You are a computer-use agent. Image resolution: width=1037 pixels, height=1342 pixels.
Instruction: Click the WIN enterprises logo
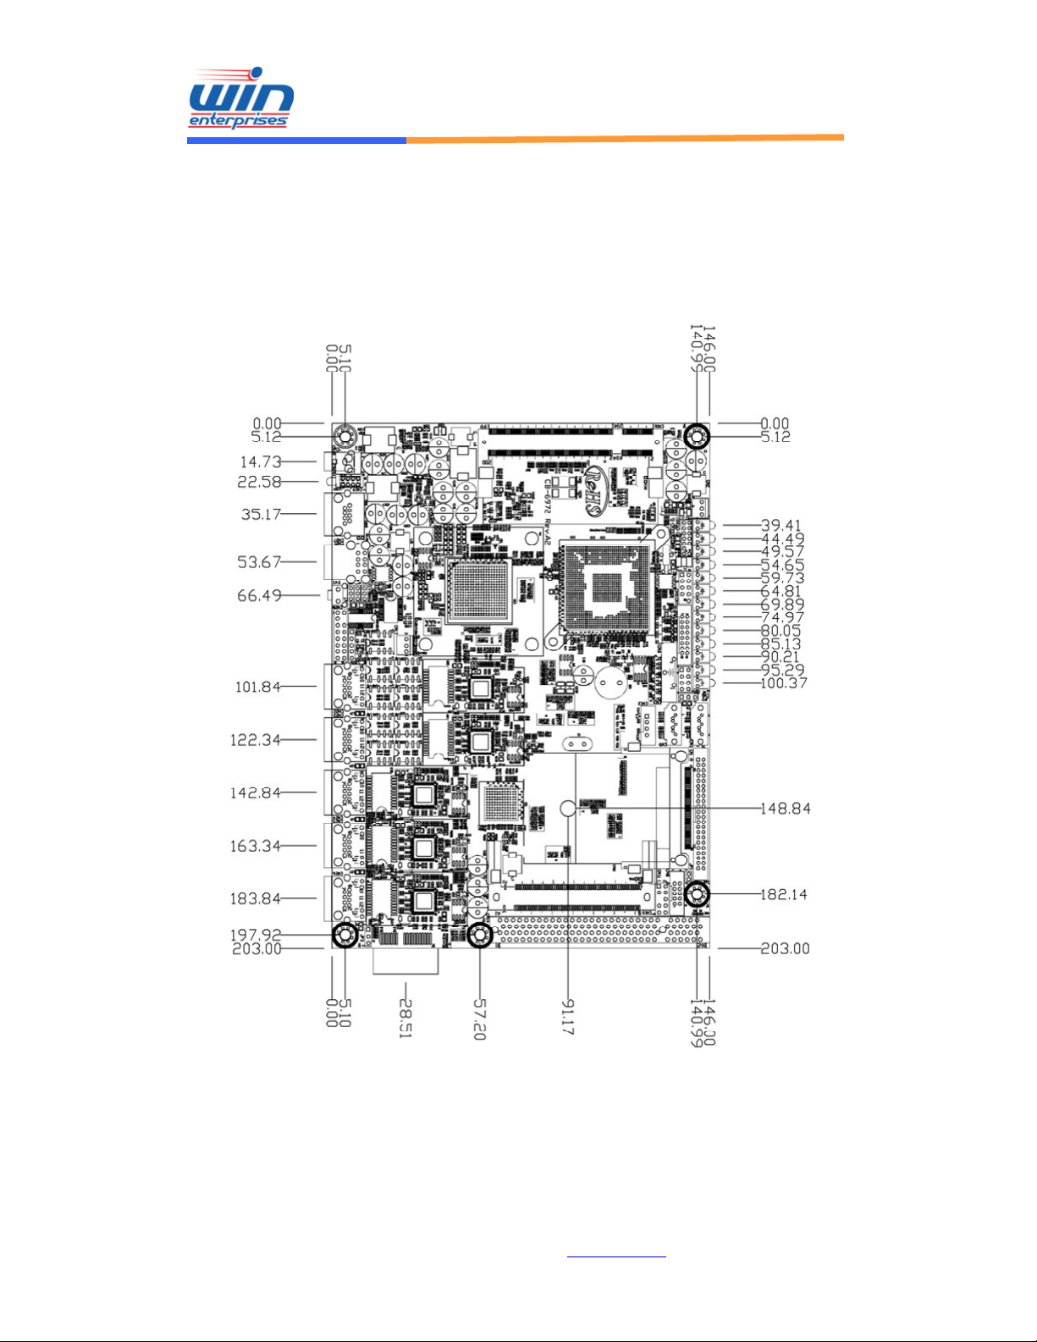tap(240, 99)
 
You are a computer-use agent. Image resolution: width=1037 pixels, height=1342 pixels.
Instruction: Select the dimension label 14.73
tap(260, 462)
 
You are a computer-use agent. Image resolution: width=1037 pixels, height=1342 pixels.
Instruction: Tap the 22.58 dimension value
tap(260, 482)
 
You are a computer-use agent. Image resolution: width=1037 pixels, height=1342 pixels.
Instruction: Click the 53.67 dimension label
tap(259, 562)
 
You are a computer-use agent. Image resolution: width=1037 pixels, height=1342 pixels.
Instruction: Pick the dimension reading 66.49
tap(259, 596)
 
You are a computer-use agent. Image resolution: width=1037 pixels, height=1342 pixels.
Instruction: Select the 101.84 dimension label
tap(257, 687)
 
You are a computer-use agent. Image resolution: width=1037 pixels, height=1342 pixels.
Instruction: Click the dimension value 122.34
tap(256, 740)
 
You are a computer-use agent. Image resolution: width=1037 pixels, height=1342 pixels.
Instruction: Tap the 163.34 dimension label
tap(256, 846)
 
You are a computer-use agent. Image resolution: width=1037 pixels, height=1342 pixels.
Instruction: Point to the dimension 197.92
tap(256, 936)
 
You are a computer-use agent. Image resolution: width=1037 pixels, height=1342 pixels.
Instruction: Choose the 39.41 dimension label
tap(781, 526)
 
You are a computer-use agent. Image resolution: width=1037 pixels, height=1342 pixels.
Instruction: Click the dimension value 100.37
tap(784, 683)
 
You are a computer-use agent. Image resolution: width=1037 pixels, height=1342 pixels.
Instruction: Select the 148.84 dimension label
tap(786, 809)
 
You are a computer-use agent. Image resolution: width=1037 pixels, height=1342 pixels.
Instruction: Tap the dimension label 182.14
tap(784, 894)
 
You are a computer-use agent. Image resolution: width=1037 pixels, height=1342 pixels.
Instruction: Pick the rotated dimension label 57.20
tap(479, 1019)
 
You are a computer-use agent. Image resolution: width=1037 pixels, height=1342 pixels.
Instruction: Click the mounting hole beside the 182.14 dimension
tap(697, 894)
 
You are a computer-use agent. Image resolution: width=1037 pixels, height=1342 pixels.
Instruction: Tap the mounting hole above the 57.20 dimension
tap(479, 936)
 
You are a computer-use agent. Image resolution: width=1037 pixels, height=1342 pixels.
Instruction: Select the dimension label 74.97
tap(782, 618)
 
